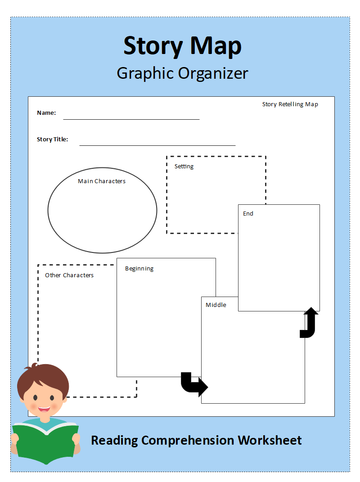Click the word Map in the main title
coord(216,45)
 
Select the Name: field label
coord(46,113)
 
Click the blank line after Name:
coord(131,119)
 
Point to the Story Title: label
coord(52,140)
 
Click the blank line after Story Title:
coord(157,145)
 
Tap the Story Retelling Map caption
coord(290,104)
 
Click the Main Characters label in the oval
coord(102,181)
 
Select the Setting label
coord(184,167)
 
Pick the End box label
coord(248,214)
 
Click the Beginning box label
coord(139,269)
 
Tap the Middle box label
coord(216,305)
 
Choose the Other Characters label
coord(69,275)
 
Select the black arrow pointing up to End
coord(310,323)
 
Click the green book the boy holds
coord(45,443)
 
